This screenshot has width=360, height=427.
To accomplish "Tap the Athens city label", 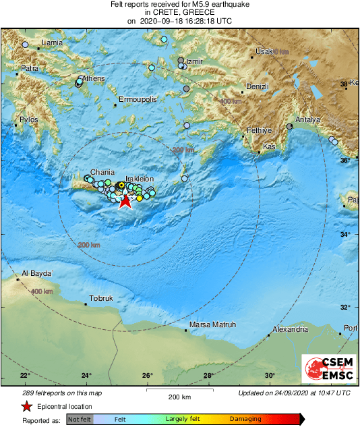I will point(94,79).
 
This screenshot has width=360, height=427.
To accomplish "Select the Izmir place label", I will point(194,61).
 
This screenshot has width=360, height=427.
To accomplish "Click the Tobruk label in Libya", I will point(101,298).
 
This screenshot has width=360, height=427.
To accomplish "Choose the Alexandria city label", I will point(289,330).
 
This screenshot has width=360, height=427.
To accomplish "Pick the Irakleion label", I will point(140,179).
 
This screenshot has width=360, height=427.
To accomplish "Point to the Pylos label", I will point(30,119).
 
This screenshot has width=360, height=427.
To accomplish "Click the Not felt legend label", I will point(79,420).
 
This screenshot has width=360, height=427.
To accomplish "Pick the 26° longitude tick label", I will point(148,376).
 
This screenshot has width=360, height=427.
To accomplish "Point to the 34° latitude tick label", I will point(345,234).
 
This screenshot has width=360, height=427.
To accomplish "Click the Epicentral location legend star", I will point(26,407).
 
